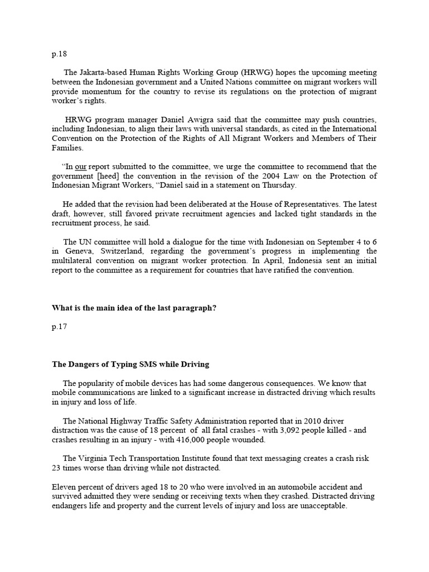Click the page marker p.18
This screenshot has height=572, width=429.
(59, 54)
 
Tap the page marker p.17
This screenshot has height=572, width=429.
(59, 327)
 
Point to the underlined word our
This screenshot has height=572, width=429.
(80, 166)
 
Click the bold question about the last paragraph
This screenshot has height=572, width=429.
(134, 308)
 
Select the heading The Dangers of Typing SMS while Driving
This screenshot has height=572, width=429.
(131, 364)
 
